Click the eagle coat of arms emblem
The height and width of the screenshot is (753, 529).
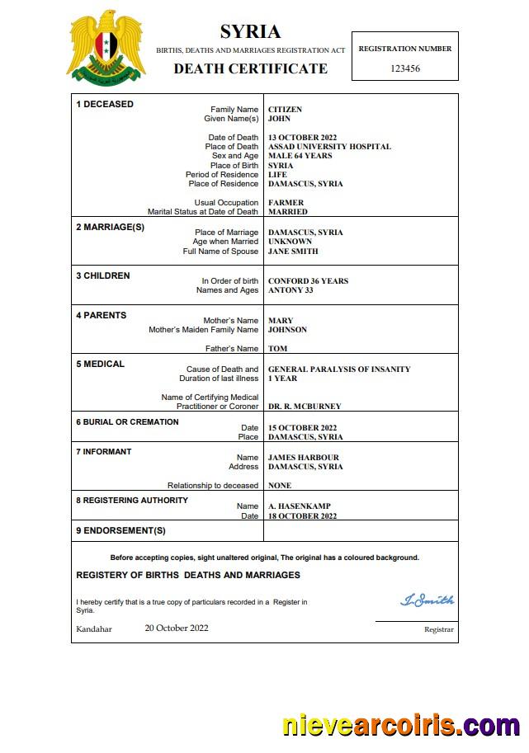pyautogui.click(x=106, y=46)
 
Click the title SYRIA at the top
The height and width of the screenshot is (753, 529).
pyautogui.click(x=250, y=32)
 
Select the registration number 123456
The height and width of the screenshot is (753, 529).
pyautogui.click(x=405, y=68)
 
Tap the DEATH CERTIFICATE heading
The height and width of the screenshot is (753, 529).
pyautogui.click(x=250, y=68)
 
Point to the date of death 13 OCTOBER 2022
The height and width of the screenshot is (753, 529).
pyautogui.click(x=303, y=138)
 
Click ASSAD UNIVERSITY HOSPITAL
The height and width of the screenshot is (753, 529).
pyautogui.click(x=329, y=147)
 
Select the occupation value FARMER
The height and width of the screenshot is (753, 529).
pyautogui.click(x=286, y=203)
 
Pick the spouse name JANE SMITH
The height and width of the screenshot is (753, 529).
pyautogui.click(x=293, y=252)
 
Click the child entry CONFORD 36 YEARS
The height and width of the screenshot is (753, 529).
pyautogui.click(x=308, y=281)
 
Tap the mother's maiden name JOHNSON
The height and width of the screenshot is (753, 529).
pyautogui.click(x=287, y=330)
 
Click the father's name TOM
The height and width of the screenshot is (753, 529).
pyautogui.click(x=278, y=349)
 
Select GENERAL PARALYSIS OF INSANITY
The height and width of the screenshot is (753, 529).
pyautogui.click(x=339, y=369)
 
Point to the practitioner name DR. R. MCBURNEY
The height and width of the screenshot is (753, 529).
pyautogui.click(x=305, y=407)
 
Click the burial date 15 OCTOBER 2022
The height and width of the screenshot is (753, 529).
pyautogui.click(x=303, y=428)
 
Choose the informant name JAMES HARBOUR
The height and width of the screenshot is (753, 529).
pyautogui.click(x=304, y=458)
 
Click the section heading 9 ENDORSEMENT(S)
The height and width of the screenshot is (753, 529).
pyautogui.click(x=120, y=530)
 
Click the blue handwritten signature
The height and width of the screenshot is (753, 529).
pyautogui.click(x=427, y=600)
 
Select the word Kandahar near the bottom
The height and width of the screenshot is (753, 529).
pyautogui.click(x=94, y=628)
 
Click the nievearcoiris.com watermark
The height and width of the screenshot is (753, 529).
pyautogui.click(x=401, y=726)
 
